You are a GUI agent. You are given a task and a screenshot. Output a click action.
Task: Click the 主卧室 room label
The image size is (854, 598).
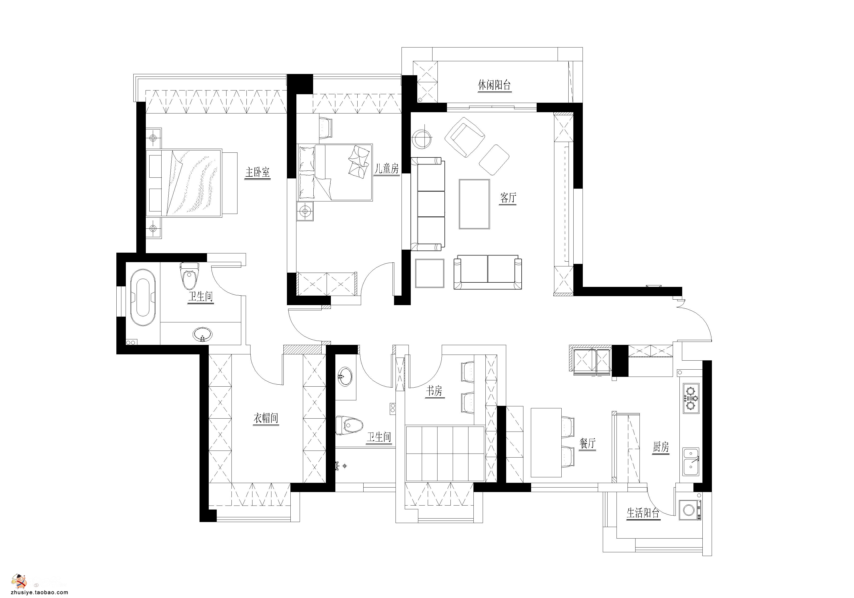click(257, 172)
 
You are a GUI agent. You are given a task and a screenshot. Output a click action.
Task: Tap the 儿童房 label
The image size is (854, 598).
click(387, 169)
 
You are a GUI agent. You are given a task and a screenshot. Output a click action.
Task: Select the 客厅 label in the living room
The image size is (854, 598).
click(508, 198)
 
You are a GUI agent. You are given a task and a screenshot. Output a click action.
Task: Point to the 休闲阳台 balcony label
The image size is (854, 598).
click(494, 85)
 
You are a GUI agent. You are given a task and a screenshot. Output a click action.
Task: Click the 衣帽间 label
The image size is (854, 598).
click(266, 418)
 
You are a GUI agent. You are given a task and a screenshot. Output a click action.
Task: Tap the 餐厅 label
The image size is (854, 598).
click(588, 443)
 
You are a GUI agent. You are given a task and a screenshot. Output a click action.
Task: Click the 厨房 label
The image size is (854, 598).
click(660, 447)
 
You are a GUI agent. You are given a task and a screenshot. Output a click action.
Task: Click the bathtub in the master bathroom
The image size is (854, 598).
click(143, 298)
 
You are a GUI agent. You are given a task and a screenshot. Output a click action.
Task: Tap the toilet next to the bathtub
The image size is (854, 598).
click(189, 276)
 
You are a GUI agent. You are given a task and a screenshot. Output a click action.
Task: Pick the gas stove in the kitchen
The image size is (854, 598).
click(691, 399)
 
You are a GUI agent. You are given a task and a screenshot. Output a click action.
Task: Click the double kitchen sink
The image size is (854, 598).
click(691, 462)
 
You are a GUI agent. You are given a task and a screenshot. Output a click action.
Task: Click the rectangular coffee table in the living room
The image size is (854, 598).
click(474, 204)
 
